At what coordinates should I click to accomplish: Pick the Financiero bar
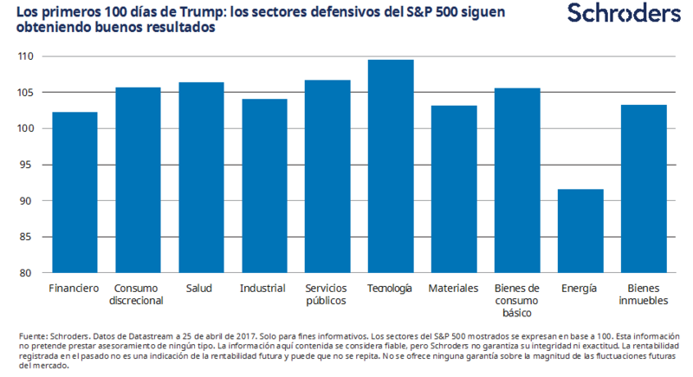point(74,192)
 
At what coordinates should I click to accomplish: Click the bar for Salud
point(200,178)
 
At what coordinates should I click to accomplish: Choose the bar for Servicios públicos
point(327,176)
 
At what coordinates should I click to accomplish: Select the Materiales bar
point(452,189)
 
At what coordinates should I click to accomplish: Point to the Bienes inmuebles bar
point(642,189)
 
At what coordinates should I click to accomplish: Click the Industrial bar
point(263,185)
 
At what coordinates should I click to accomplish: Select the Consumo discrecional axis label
point(137,294)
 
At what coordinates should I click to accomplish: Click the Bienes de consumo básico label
point(515,300)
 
